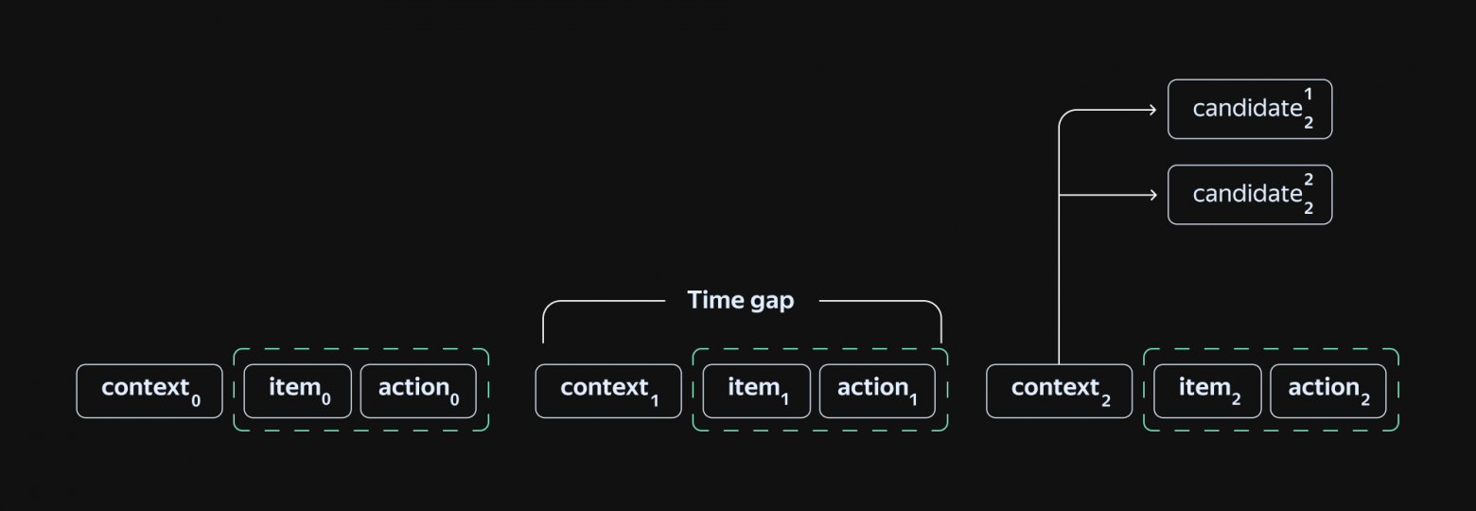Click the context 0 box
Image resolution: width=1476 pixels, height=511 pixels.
(x=149, y=391)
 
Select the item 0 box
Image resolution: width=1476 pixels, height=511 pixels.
(x=298, y=391)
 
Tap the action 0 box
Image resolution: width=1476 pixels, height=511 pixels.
(x=418, y=391)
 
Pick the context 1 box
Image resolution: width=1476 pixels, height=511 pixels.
(x=608, y=391)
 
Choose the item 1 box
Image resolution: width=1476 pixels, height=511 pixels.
(x=757, y=391)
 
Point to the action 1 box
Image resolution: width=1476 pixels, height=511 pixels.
(x=877, y=391)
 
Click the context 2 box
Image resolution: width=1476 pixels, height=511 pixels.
(x=1059, y=391)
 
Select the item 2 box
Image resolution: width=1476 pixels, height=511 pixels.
(x=1208, y=391)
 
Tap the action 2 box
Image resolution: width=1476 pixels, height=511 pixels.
(x=1327, y=391)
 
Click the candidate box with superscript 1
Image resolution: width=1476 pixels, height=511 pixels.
(x=1250, y=110)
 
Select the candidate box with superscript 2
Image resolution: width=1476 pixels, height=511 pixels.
(x=1250, y=195)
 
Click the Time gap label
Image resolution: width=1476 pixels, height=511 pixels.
(x=741, y=301)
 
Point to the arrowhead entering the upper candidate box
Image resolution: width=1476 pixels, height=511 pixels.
(x=1152, y=110)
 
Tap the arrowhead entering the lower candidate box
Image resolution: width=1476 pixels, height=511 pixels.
(x=1152, y=195)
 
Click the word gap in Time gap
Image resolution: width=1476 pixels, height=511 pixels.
(x=772, y=302)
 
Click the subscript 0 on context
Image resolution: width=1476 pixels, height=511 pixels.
(x=196, y=400)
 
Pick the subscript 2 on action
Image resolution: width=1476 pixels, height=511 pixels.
(x=1365, y=400)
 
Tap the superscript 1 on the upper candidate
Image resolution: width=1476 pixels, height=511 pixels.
(x=1309, y=95)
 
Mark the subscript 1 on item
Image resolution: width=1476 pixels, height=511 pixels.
(x=784, y=400)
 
